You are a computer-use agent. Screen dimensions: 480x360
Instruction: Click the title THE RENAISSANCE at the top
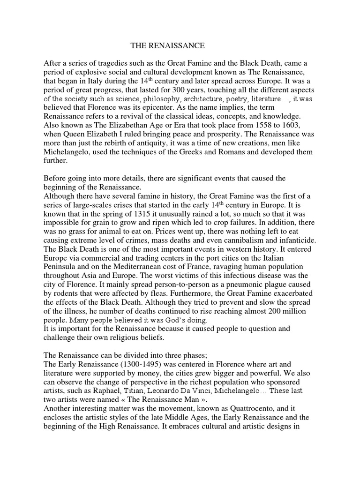coord(167,46)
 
